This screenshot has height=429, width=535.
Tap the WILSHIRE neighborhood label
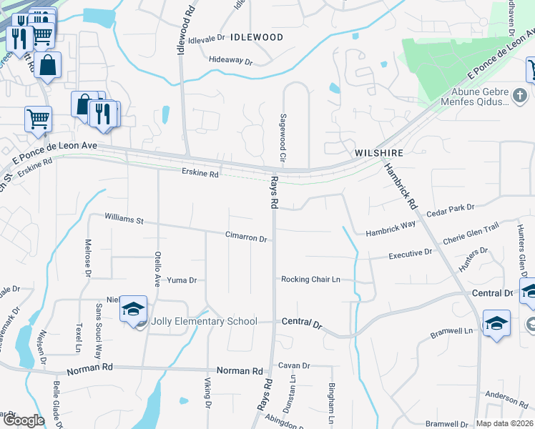pyautogui.click(x=379, y=153)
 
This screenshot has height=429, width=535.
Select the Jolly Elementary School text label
pyautogui.click(x=204, y=321)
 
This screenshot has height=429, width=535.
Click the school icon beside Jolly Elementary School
pyautogui.click(x=133, y=309)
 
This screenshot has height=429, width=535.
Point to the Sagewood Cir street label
pyautogui.click(x=283, y=136)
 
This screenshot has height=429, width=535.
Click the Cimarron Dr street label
pyautogui.click(x=246, y=237)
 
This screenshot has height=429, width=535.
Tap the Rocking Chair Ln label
pyautogui.click(x=310, y=279)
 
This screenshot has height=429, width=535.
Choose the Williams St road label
pyautogui.click(x=124, y=217)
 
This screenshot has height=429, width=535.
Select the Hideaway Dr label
pyautogui.click(x=231, y=61)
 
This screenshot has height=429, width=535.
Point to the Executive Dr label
pyautogui.click(x=411, y=254)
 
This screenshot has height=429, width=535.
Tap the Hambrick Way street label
pyautogui.click(x=391, y=230)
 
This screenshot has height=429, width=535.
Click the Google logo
pyautogui.click(x=23, y=420)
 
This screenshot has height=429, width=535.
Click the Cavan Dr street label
pyautogui.click(x=294, y=365)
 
